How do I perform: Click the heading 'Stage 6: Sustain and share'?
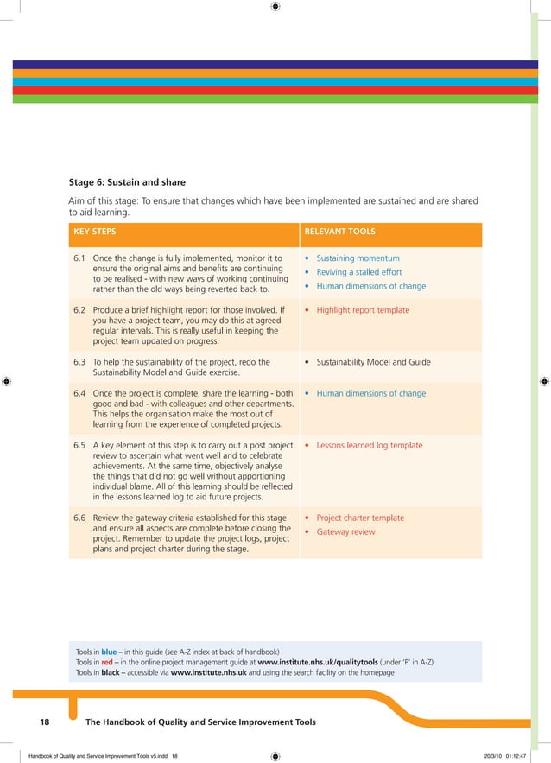pyautogui.click(x=127, y=182)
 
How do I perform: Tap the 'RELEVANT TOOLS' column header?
pyautogui.click(x=339, y=232)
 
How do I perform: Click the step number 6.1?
pyautogui.click(x=80, y=258)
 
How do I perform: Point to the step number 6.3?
pyautogui.click(x=80, y=362)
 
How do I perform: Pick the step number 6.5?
pyautogui.click(x=80, y=445)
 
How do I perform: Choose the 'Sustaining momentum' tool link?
pyautogui.click(x=358, y=258)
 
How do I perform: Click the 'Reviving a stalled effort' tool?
pyautogui.click(x=358, y=272)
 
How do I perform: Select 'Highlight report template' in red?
pyautogui.click(x=363, y=310)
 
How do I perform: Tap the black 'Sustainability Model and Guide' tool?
pyautogui.click(x=373, y=362)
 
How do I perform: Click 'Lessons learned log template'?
pyautogui.click(x=370, y=445)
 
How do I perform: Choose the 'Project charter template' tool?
pyautogui.click(x=360, y=518)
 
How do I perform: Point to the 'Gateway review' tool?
pyautogui.click(x=345, y=531)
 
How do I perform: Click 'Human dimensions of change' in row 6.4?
pyautogui.click(x=370, y=393)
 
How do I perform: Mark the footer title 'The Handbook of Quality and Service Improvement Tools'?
pyautogui.click(x=201, y=722)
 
